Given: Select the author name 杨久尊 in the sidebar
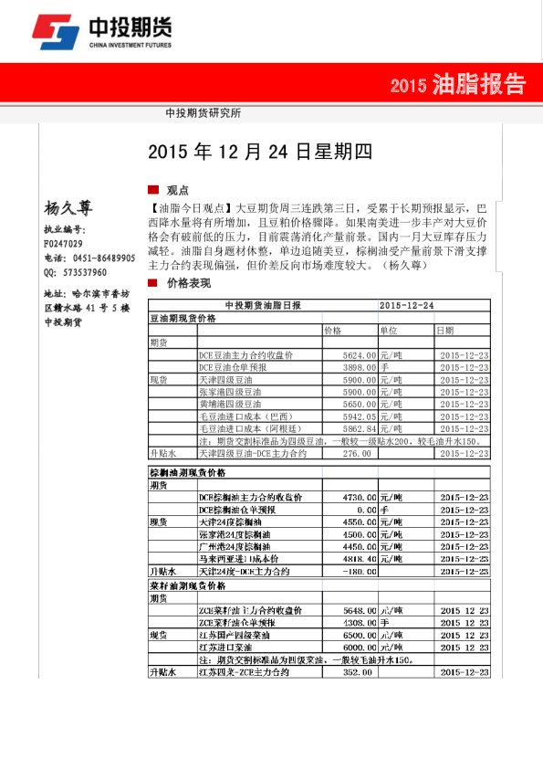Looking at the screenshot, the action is (68, 208).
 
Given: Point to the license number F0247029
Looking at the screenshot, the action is (63, 245).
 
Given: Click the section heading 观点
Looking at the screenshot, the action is (177, 191).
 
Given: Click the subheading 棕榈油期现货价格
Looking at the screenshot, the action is (187, 473).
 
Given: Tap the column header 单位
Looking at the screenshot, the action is (389, 331).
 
